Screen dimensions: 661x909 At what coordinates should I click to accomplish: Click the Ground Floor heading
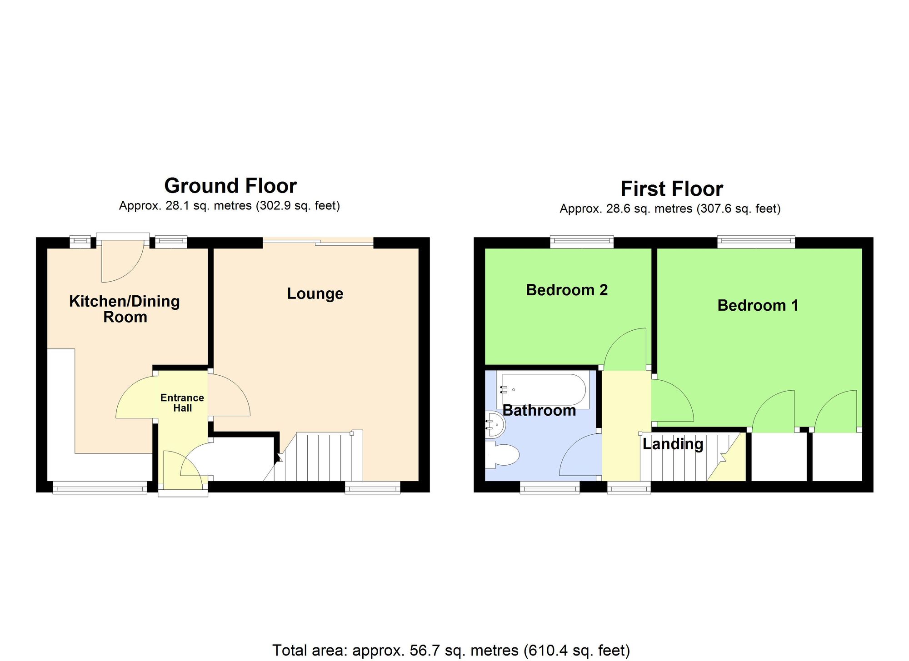pyautogui.click(x=230, y=186)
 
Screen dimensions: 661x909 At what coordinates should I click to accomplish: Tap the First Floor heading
pyautogui.click(x=671, y=189)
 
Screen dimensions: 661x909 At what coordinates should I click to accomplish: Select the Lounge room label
pyautogui.click(x=315, y=293)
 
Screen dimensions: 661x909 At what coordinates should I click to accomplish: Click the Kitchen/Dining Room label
pyautogui.click(x=124, y=309)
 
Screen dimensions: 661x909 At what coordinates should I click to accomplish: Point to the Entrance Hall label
pyautogui.click(x=182, y=403)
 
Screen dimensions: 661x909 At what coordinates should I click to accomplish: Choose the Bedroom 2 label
pyautogui.click(x=566, y=290)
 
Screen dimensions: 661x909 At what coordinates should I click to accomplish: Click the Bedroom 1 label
pyautogui.click(x=758, y=305)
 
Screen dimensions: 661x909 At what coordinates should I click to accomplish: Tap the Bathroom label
pyautogui.click(x=539, y=411)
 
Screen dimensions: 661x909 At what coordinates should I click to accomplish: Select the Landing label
pyautogui.click(x=673, y=444)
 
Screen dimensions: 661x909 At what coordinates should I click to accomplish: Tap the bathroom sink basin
pyautogui.click(x=494, y=424)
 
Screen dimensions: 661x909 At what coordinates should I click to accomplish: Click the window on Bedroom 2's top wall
pyautogui.click(x=582, y=242)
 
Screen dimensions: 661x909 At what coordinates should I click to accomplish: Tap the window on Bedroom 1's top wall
pyautogui.click(x=756, y=242)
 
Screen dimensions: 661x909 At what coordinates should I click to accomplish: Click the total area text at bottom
pyautogui.click(x=451, y=650)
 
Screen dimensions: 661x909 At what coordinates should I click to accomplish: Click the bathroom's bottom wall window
pyautogui.click(x=549, y=488)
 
